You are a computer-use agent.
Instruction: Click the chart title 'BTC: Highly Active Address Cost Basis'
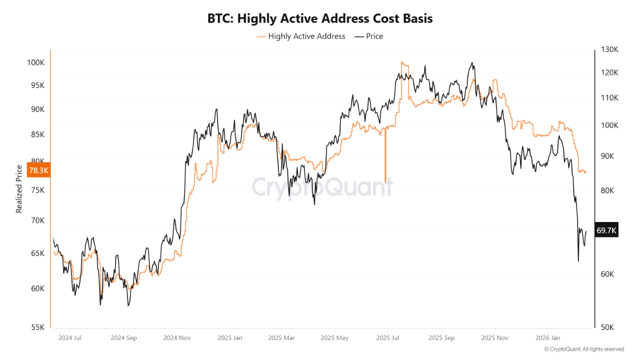(x=320, y=18)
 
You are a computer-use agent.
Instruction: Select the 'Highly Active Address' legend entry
(x=301, y=36)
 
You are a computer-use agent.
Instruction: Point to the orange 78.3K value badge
(x=38, y=170)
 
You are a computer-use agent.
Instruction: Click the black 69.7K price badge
(x=606, y=230)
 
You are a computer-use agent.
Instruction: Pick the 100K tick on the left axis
(x=36, y=63)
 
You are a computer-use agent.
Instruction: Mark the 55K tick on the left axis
(x=38, y=327)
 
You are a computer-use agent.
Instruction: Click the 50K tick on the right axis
(x=608, y=327)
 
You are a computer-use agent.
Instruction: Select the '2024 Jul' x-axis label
(x=69, y=337)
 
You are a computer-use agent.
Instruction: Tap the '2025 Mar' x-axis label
(x=281, y=337)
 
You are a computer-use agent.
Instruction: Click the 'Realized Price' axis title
(x=19, y=189)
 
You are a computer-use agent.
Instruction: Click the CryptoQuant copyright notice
(x=583, y=349)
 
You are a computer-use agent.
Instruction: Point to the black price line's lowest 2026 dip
(x=578, y=260)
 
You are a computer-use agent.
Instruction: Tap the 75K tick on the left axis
(x=37, y=190)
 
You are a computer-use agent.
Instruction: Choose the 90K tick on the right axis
(x=608, y=156)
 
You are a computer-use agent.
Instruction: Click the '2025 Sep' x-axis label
(x=442, y=337)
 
